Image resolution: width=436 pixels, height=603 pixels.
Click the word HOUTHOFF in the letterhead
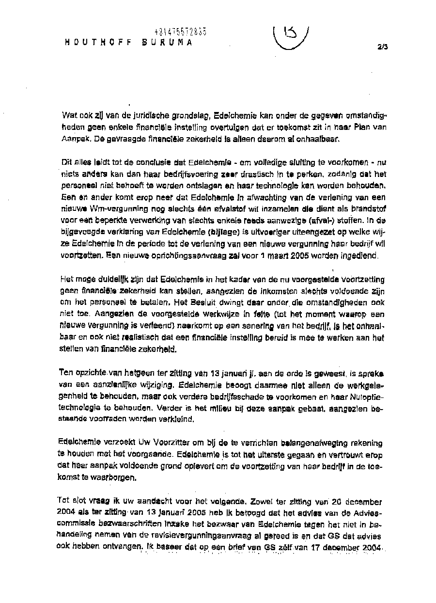pyautogui.click(x=95, y=42)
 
